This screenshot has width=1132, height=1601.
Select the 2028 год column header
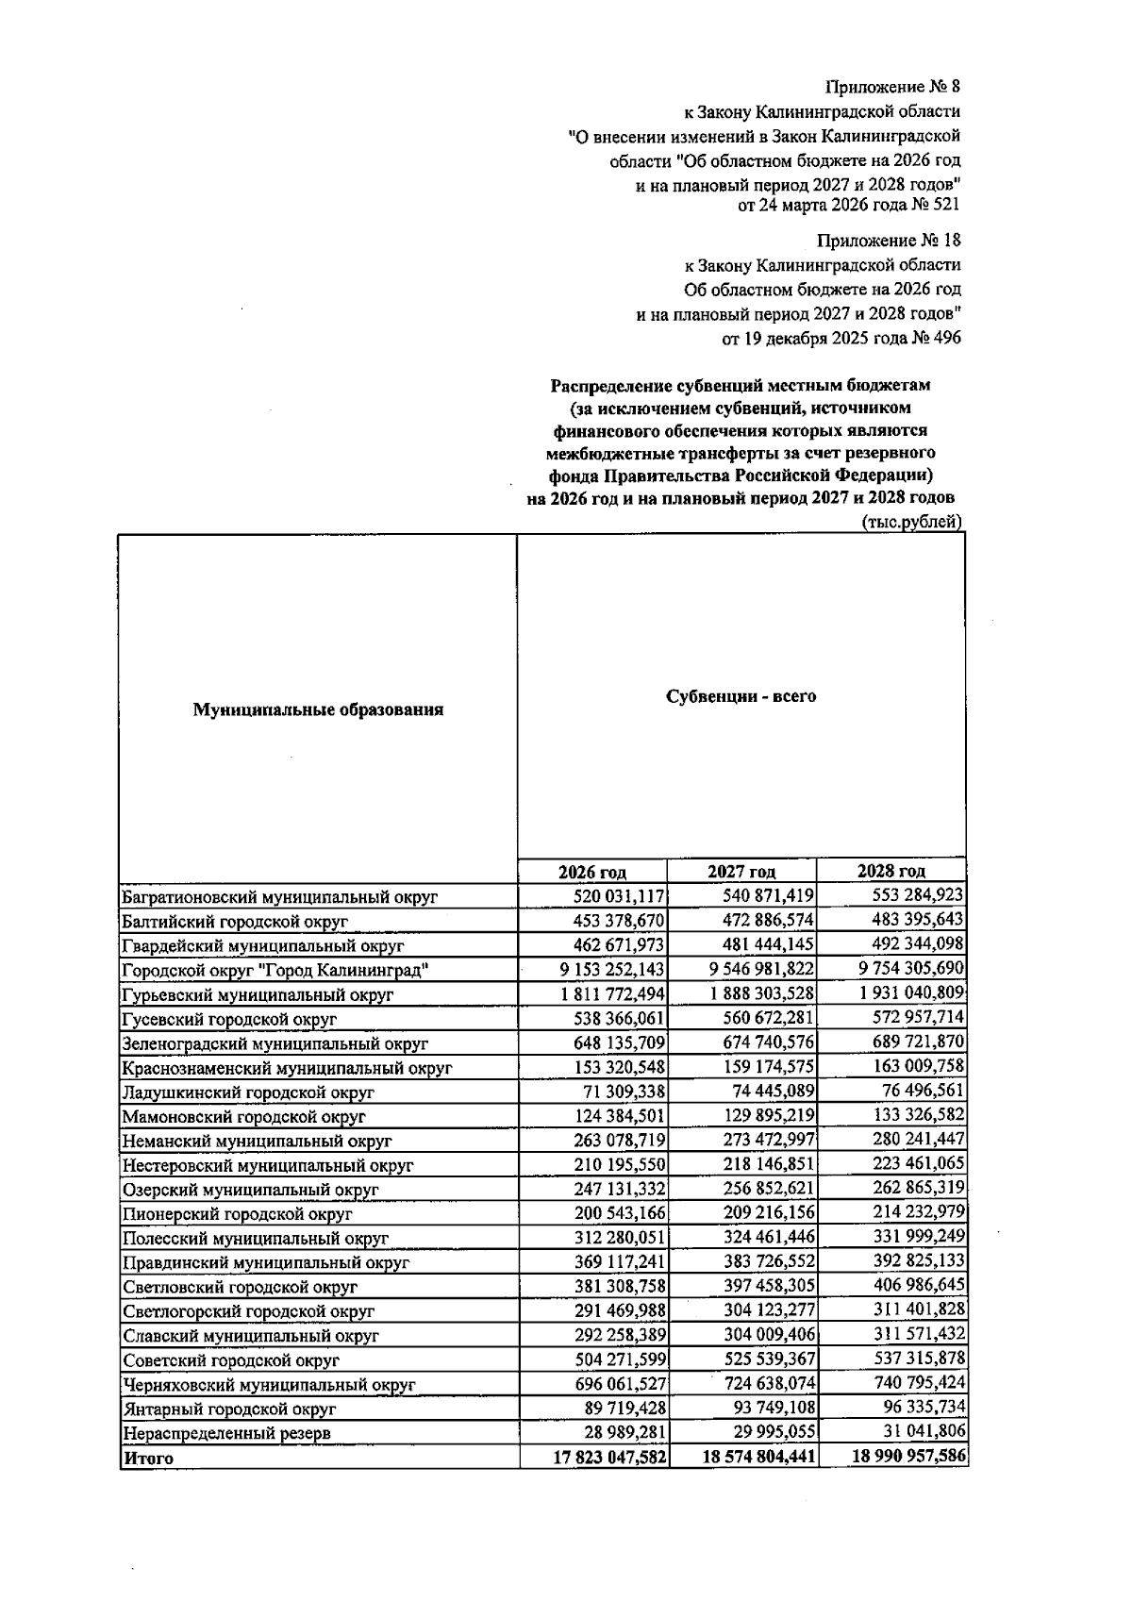click(x=891, y=871)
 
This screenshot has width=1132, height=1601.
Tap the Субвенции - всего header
click(x=741, y=697)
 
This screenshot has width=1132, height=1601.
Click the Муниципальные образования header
click(x=318, y=709)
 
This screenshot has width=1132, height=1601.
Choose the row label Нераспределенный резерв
click(x=226, y=1433)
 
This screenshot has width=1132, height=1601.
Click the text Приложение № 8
click(x=892, y=87)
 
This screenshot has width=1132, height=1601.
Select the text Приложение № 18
click(x=889, y=241)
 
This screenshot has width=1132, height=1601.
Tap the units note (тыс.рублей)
click(x=911, y=522)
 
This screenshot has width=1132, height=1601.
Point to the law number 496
click(x=947, y=338)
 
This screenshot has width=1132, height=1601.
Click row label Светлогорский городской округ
click(x=248, y=1311)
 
